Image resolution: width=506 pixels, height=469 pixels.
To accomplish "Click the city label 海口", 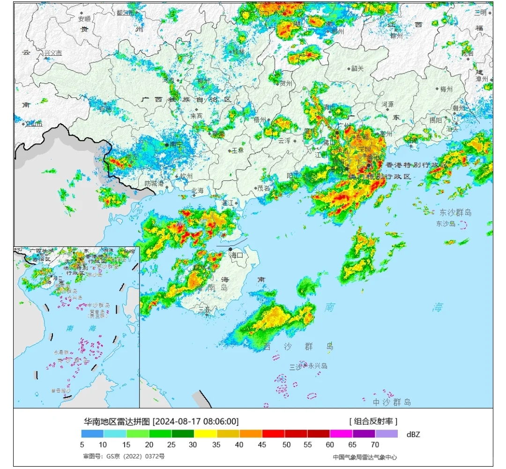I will coord(237,255).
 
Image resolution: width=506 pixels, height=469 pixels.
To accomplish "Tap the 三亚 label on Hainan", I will coord(204,310).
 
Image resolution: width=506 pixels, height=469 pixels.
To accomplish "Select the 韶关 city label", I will coord(357,68).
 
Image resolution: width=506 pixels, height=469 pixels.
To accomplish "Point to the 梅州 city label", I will coord(446,89).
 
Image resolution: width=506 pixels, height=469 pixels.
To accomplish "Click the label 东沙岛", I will coord(446,224).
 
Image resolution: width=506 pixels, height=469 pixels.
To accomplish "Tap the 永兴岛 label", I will coord(318,366).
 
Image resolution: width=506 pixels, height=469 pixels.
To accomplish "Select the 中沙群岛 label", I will coord(392,402).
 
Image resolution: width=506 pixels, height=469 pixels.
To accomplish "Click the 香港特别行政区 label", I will coord(417,165).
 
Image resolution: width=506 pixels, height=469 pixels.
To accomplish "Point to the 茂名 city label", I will coord(264,188).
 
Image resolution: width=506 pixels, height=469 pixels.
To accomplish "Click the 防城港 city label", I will coord(154,183).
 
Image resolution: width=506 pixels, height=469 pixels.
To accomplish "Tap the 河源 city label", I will coord(387,104).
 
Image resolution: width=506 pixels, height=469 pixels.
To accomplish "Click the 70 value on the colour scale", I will coord(375,444).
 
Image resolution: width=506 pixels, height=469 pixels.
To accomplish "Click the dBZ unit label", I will coord(413,434).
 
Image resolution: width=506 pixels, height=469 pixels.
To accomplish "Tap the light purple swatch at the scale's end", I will coord(387,434).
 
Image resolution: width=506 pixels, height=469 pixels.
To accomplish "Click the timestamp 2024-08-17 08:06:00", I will coord(196,421).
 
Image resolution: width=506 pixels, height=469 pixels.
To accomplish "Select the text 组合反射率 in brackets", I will coord(373,421).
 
